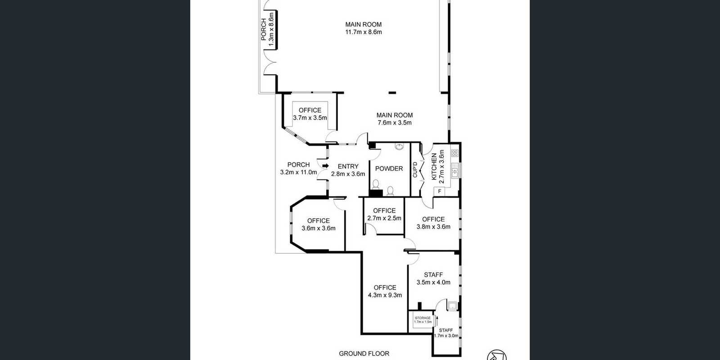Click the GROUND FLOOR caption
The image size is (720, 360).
click(364, 354)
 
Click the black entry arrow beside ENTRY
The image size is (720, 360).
click(326, 166)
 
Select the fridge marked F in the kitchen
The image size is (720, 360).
click(439, 192)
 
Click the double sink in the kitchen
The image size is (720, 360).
click(455, 171)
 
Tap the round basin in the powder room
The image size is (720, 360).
click(399, 147)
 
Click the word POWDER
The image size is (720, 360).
click(389, 169)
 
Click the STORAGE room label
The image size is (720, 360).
click(423, 318)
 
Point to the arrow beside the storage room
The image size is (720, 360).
click(436, 320)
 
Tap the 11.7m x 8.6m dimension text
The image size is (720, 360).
click(364, 32)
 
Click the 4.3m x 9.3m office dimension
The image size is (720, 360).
click(385, 295)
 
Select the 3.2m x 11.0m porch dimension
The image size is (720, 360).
click(299, 172)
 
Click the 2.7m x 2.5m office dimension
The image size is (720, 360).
click(384, 218)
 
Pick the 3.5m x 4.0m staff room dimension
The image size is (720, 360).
click(433, 283)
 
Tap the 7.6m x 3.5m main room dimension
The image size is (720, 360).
click(394, 123)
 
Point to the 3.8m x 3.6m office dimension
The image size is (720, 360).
click(433, 227)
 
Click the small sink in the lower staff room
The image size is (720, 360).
click(452, 306)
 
